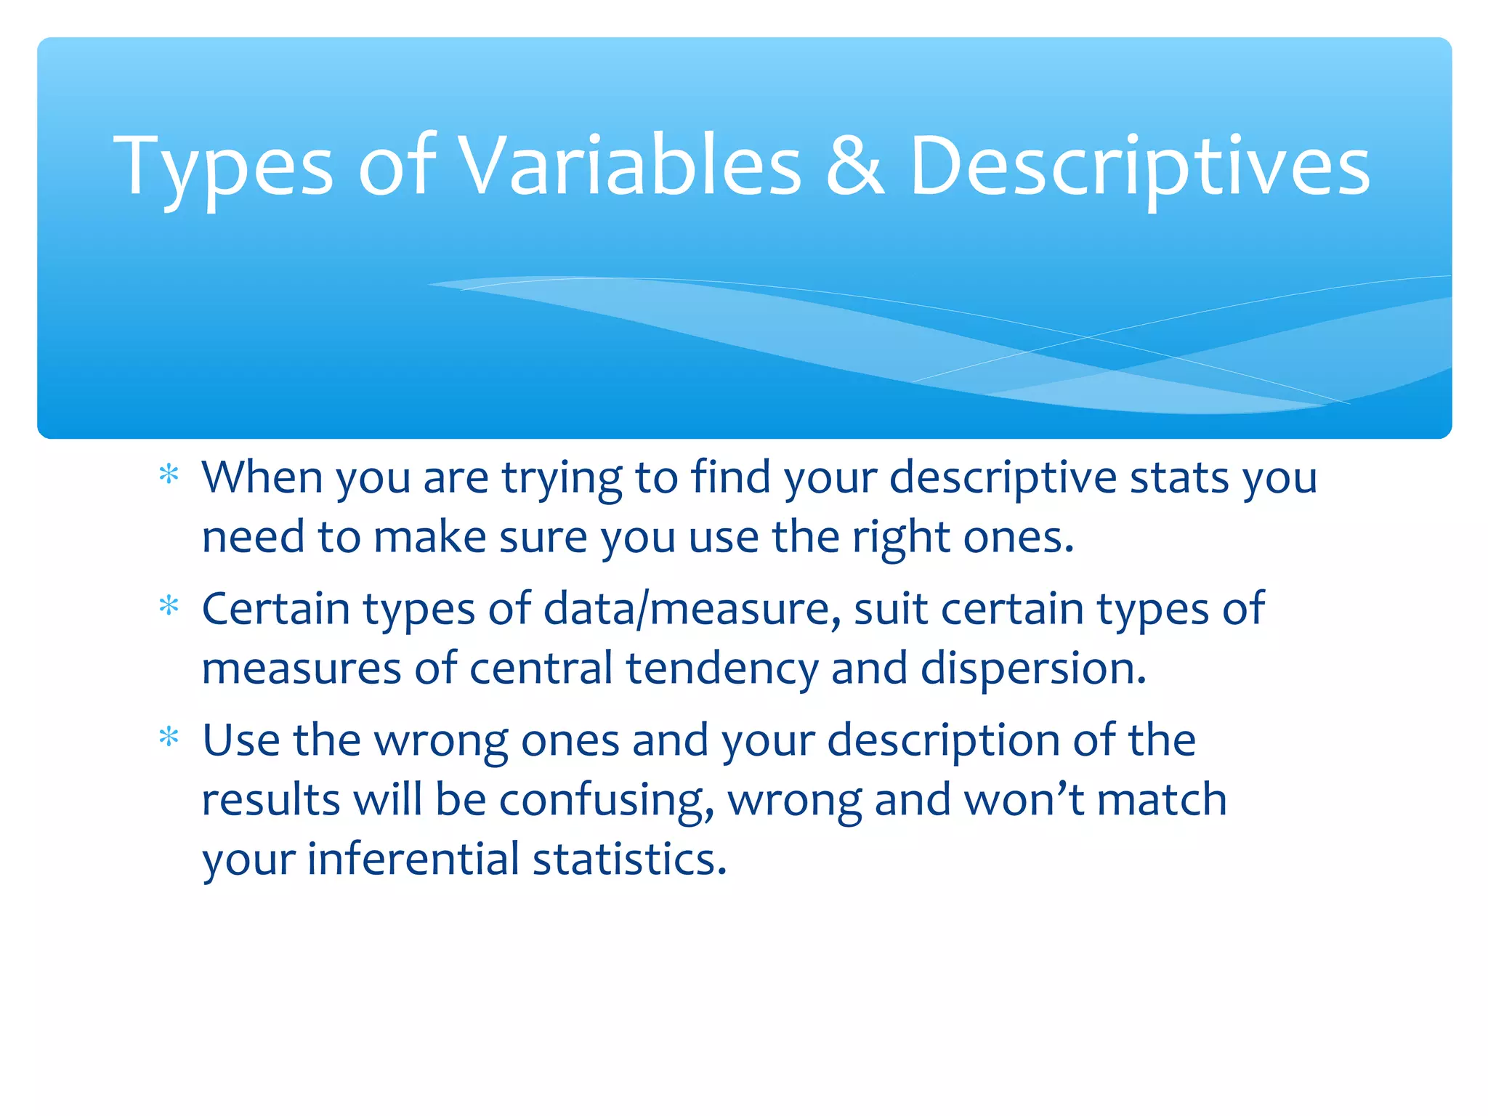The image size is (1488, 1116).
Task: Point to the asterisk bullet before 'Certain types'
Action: pyautogui.click(x=169, y=606)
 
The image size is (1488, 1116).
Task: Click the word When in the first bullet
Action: pyautogui.click(x=262, y=477)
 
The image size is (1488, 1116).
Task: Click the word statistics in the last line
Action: pyautogui.click(x=629, y=859)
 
